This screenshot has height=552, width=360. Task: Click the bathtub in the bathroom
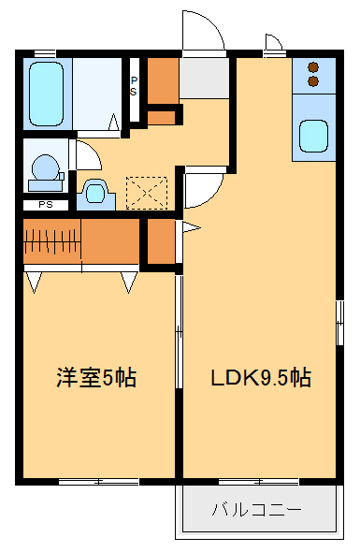pyautogui.click(x=46, y=94)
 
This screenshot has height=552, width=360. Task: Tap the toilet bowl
pyautogui.click(x=94, y=193)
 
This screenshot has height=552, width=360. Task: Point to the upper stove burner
pyautogui.click(x=312, y=67)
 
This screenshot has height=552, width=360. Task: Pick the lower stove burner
pyautogui.click(x=312, y=81)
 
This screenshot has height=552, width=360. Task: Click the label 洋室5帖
pyautogui.click(x=96, y=378)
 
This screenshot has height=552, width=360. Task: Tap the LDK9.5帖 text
pyautogui.click(x=260, y=378)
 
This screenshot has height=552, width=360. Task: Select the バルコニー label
pyautogui.click(x=255, y=511)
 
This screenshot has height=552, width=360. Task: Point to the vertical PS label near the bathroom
pyautogui.click(x=134, y=87)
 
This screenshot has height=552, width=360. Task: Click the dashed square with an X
pyautogui.click(x=145, y=192)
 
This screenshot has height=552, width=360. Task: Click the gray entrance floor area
pyautogui.click(x=203, y=79)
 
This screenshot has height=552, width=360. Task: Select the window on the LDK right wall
pyautogui.click(x=340, y=323)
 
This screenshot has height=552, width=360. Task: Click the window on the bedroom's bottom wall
pyautogui.click(x=98, y=482)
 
